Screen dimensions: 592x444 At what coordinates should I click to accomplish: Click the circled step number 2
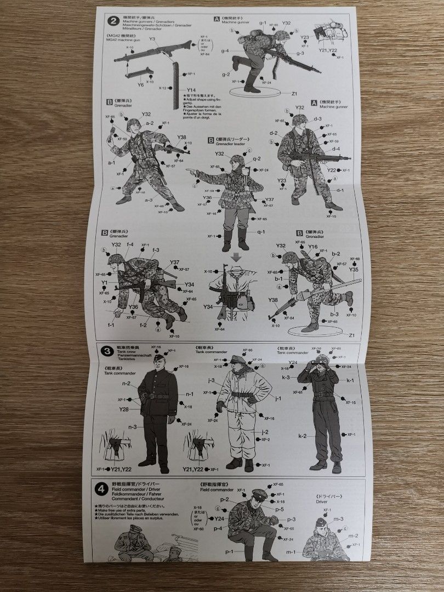(x=113, y=21)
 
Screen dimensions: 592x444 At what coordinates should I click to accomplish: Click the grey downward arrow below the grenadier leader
(x=236, y=257)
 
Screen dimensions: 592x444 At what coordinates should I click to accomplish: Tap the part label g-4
(x=225, y=51)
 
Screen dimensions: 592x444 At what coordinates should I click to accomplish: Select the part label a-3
(x=149, y=200)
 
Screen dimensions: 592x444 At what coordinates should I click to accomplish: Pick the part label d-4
(x=336, y=149)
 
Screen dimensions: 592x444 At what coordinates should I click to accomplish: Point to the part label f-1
(x=112, y=325)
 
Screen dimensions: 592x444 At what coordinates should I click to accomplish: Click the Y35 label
(x=354, y=270)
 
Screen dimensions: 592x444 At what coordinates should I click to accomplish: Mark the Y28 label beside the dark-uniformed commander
(x=124, y=409)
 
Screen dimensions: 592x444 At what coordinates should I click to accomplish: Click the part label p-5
(x=280, y=509)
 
